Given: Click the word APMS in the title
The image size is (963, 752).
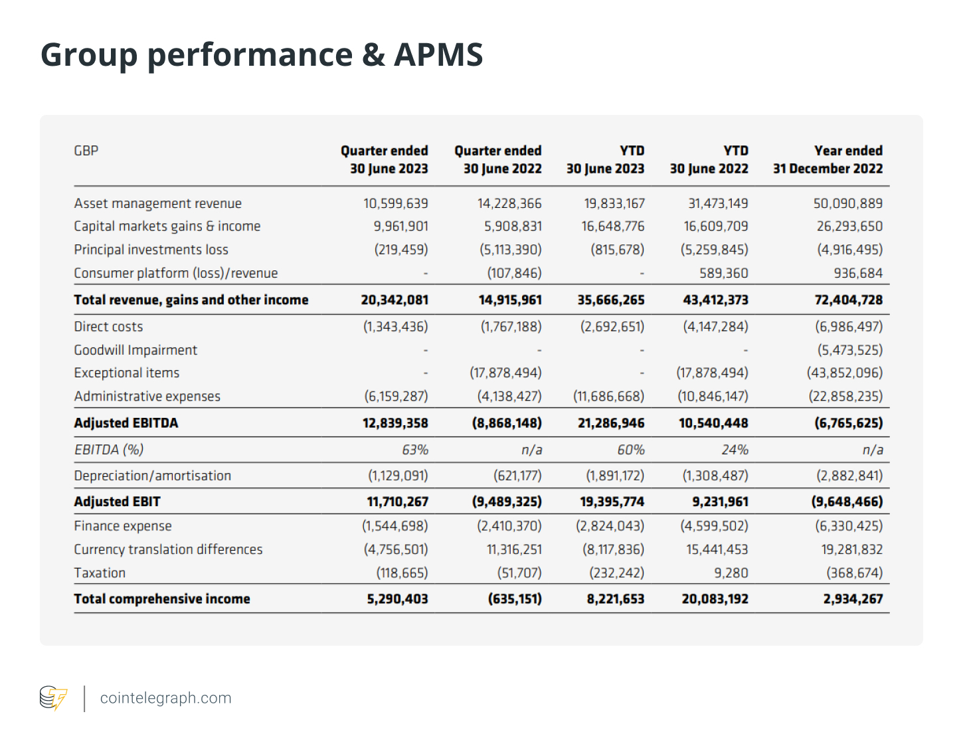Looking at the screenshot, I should [438, 54].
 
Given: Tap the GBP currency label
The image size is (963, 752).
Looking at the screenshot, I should [86, 151].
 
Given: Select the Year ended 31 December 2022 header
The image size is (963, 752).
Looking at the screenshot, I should [828, 159].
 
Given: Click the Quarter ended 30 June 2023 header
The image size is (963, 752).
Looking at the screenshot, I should [385, 159].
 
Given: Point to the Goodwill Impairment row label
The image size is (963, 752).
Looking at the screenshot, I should [135, 350].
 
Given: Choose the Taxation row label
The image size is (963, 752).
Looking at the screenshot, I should [100, 573].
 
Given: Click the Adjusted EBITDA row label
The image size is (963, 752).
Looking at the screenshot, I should [126, 423].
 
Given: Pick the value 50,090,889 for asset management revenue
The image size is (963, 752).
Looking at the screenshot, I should [848, 203].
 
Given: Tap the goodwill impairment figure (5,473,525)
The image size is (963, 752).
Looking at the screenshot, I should [849, 350].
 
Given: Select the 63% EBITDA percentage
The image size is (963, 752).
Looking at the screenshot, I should [415, 450].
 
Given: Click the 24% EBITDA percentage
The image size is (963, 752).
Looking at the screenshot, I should [735, 450].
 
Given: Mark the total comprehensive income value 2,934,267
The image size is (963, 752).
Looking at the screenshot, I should [853, 599].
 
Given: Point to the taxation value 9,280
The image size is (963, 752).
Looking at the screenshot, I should [731, 573].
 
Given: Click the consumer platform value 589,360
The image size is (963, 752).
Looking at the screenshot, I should [723, 273].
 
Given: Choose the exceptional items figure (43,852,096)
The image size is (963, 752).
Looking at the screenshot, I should [845, 373].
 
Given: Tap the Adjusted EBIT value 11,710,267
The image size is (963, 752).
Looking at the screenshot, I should [397, 502].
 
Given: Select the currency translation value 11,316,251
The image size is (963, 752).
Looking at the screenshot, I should [514, 549].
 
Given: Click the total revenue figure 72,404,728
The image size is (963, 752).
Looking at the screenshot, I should [848, 300].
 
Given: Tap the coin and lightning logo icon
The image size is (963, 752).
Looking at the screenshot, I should [53, 698].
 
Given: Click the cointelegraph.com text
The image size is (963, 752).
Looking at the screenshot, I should [165, 698].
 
